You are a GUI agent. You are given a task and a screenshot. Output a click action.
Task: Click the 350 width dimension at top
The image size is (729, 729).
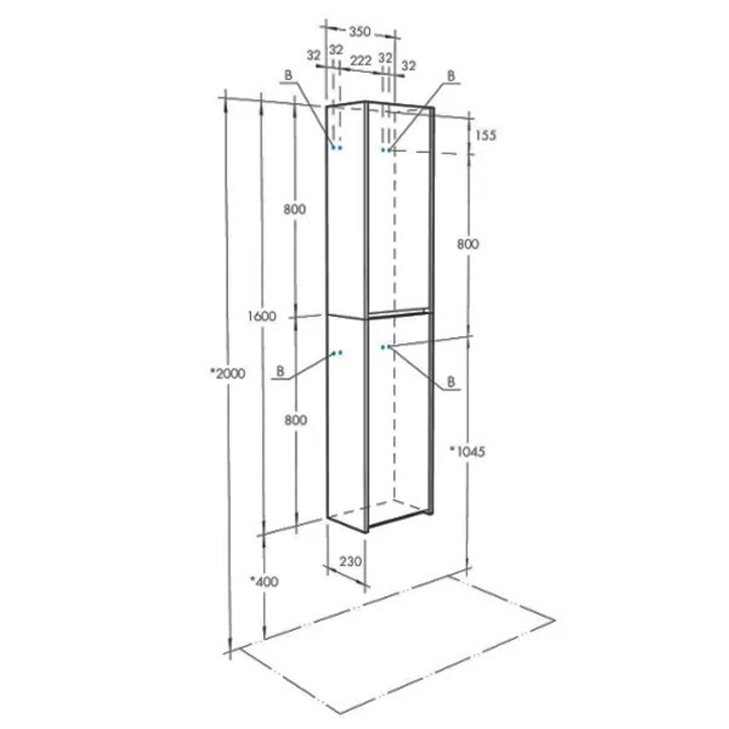[x=360, y=32]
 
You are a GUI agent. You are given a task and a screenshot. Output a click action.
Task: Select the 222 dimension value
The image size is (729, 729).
[x=361, y=61]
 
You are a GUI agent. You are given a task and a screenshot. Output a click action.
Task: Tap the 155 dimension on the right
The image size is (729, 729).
[x=486, y=136]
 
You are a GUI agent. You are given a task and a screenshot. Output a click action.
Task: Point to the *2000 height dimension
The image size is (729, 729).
[x=227, y=373]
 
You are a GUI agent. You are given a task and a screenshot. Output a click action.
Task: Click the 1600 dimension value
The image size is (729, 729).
[x=262, y=316]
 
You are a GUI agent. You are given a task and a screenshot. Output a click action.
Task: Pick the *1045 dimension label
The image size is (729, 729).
[x=468, y=451]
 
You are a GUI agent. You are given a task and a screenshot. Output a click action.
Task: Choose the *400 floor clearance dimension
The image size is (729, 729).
[x=264, y=581]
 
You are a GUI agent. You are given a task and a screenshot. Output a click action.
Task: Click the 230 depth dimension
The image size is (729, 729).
[x=350, y=561]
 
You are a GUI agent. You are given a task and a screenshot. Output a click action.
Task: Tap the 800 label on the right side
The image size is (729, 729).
[x=468, y=243]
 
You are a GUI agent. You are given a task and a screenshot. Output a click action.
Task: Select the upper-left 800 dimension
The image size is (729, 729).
[x=295, y=209]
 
